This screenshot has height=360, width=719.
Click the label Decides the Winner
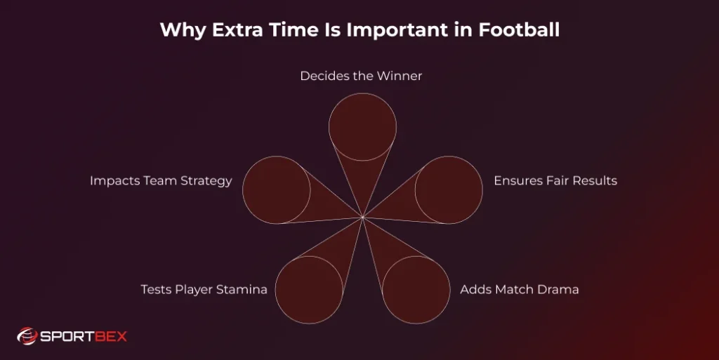coord(361,76)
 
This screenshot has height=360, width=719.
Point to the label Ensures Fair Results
coord(555,180)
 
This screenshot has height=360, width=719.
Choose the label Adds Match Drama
coord(519,289)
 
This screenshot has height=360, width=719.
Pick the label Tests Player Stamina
coord(204,289)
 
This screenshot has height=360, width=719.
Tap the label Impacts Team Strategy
coord(161,180)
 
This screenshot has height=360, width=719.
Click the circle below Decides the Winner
coord(362,127)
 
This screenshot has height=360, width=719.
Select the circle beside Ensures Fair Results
coord(449,189)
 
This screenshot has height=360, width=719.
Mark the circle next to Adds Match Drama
coord(416,290)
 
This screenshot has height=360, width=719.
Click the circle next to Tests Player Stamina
coord(309,290)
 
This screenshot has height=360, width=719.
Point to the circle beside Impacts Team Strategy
coord(277,189)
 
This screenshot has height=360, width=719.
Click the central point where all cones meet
coord(362,218)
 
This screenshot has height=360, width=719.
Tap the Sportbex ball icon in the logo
coord(27,336)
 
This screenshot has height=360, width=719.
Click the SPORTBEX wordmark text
coord(84,336)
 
